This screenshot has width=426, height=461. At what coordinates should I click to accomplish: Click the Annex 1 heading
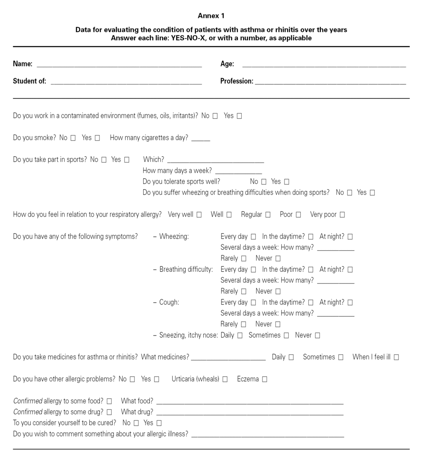pyautogui.click(x=211, y=16)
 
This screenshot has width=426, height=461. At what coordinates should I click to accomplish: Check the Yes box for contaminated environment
pyautogui.click(x=239, y=116)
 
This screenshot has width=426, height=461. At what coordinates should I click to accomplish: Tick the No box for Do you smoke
pyautogui.click(x=73, y=138)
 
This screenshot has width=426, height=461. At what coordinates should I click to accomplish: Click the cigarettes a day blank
pyautogui.click(x=201, y=139)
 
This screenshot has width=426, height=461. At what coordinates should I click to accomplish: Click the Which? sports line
pyautogui.click(x=215, y=161)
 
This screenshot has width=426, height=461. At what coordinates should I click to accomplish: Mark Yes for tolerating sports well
pyautogui.click(x=287, y=182)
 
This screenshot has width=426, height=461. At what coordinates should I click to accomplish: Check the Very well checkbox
pyautogui.click(x=199, y=215)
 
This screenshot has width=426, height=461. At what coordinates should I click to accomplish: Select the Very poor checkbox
pyautogui.click(x=342, y=215)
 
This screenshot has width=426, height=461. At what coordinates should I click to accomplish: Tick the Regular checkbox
pyautogui.click(x=268, y=215)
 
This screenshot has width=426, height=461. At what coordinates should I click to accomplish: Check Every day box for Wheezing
pyautogui.click(x=253, y=237)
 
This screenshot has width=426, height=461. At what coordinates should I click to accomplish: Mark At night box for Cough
pyautogui.click(x=350, y=303)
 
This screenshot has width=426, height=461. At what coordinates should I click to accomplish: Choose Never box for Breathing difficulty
pyautogui.click(x=278, y=291)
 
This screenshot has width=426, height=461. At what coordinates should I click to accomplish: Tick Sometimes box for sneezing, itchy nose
pyautogui.click(x=286, y=335)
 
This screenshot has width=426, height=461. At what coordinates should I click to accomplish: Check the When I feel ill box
pyautogui.click(x=396, y=357)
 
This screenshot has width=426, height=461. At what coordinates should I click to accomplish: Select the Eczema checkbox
pyautogui.click(x=265, y=379)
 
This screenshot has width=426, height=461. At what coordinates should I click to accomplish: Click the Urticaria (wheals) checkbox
pyautogui.click(x=225, y=379)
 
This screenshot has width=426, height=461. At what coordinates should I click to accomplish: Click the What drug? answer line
pyautogui.click(x=250, y=414)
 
